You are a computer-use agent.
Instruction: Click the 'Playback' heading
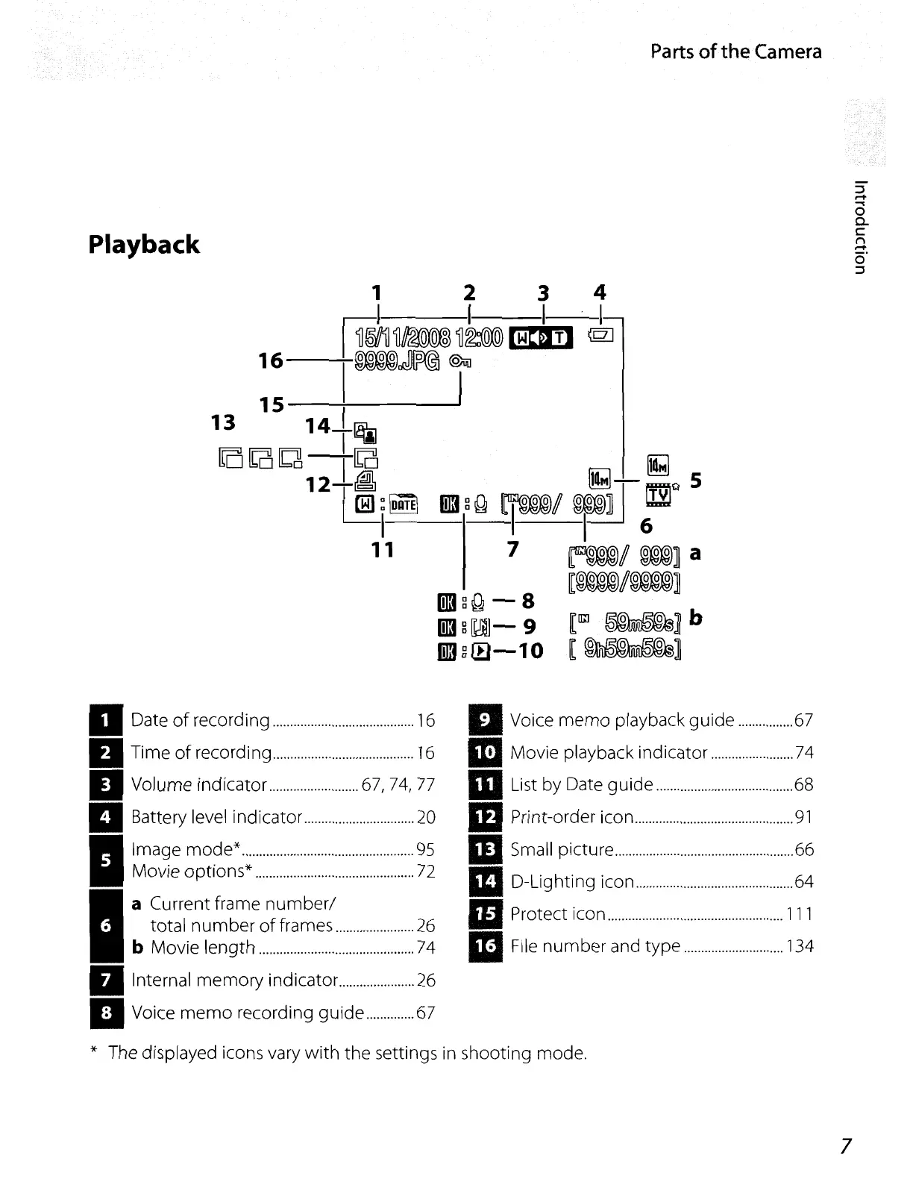tap(144, 245)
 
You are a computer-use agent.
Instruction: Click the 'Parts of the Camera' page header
tap(735, 51)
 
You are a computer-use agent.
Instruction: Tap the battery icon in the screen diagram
tap(601, 337)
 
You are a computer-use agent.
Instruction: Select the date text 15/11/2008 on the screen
tap(403, 337)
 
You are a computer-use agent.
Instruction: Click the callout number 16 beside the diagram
tap(271, 361)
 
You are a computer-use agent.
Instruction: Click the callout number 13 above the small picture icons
tap(224, 422)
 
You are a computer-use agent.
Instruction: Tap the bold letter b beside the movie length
tap(695, 619)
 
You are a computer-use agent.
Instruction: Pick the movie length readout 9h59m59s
tap(626, 650)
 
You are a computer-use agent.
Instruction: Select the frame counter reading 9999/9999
tap(624, 581)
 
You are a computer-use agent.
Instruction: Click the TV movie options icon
tap(658, 494)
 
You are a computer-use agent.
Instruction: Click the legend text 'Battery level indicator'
tap(216, 817)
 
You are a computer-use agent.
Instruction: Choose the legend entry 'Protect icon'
tap(557, 914)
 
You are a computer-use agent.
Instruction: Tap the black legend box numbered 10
tap(486, 752)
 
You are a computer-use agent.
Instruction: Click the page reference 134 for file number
tap(800, 947)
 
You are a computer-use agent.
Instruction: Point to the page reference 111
tap(800, 914)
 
